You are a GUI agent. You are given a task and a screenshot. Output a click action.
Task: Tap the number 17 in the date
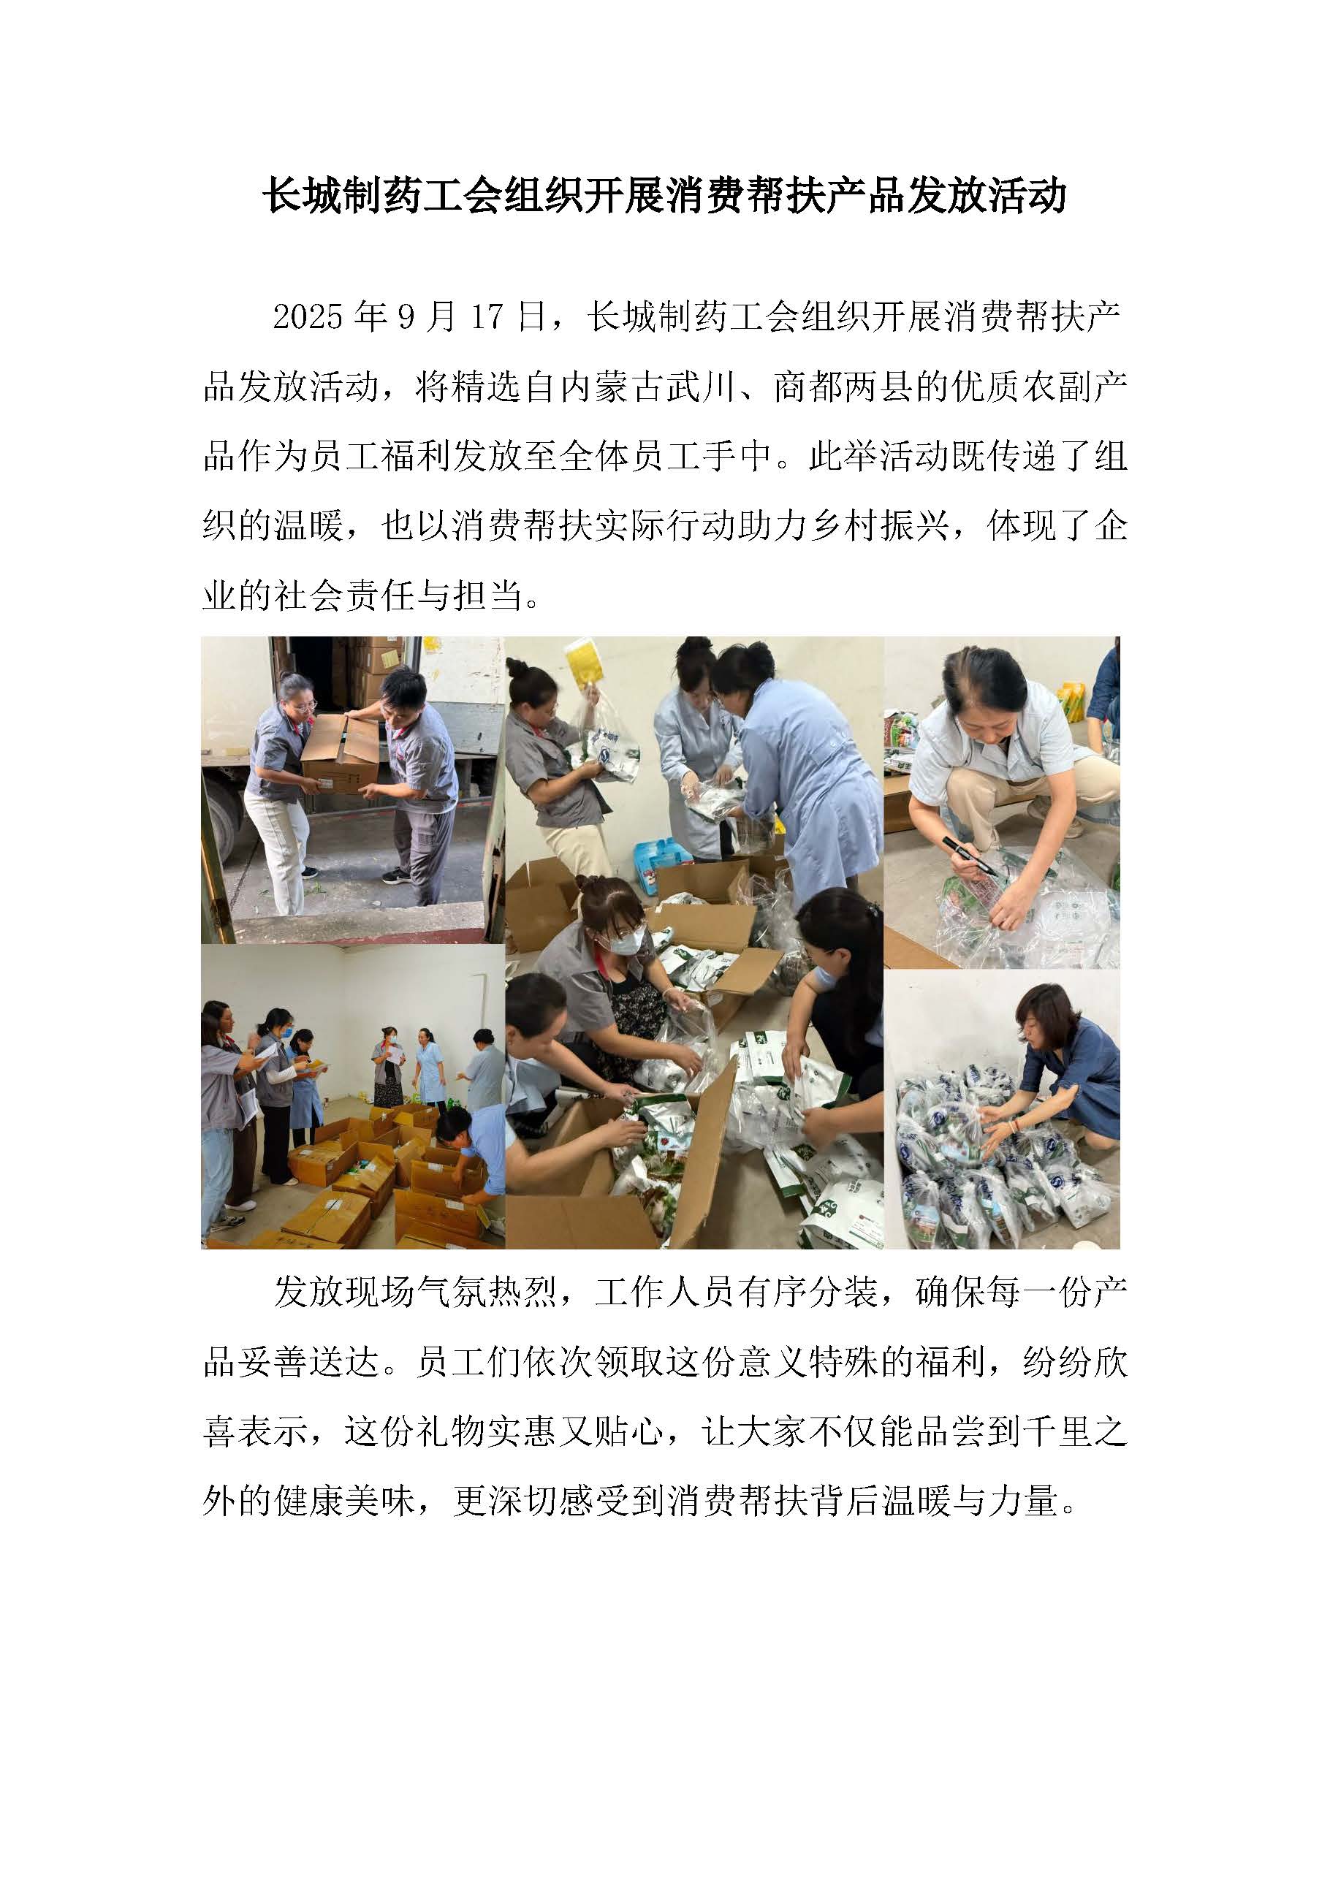487,317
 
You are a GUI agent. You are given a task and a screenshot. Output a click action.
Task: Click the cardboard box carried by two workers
340,752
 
